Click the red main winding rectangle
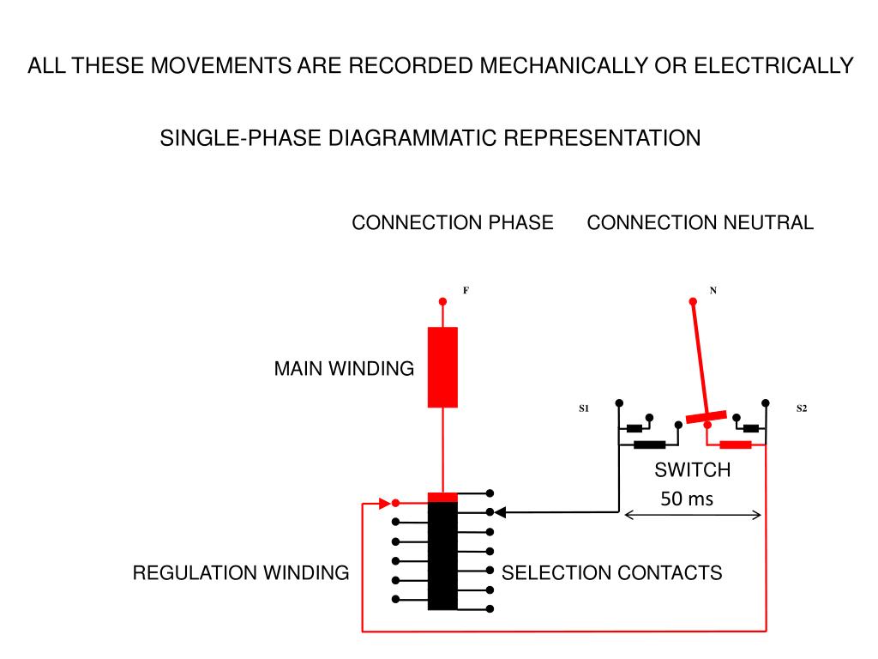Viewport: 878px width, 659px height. coord(442,367)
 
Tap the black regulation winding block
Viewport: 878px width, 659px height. coord(442,556)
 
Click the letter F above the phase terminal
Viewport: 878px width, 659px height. coord(466,290)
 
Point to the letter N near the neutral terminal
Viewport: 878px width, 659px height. coord(713,290)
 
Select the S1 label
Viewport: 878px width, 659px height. coord(584,408)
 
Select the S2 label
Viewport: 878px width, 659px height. coord(802,408)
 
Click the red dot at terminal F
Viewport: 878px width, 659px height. coord(442,301)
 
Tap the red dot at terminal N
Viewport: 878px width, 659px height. coord(693,301)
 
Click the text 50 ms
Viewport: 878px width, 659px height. coord(687,499)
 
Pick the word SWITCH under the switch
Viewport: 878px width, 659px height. coord(693,469)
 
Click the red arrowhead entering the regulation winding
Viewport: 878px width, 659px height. coord(385,503)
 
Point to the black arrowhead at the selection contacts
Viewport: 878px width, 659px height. coord(501,512)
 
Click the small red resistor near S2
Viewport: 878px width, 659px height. coord(735,445)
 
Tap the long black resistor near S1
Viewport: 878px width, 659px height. coord(650,445)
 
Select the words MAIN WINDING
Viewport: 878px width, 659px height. coord(344,369)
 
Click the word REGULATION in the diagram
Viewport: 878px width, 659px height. coord(195,572)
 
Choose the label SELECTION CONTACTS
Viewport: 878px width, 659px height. coord(611,572)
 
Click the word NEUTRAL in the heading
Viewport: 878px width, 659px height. coord(768,222)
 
